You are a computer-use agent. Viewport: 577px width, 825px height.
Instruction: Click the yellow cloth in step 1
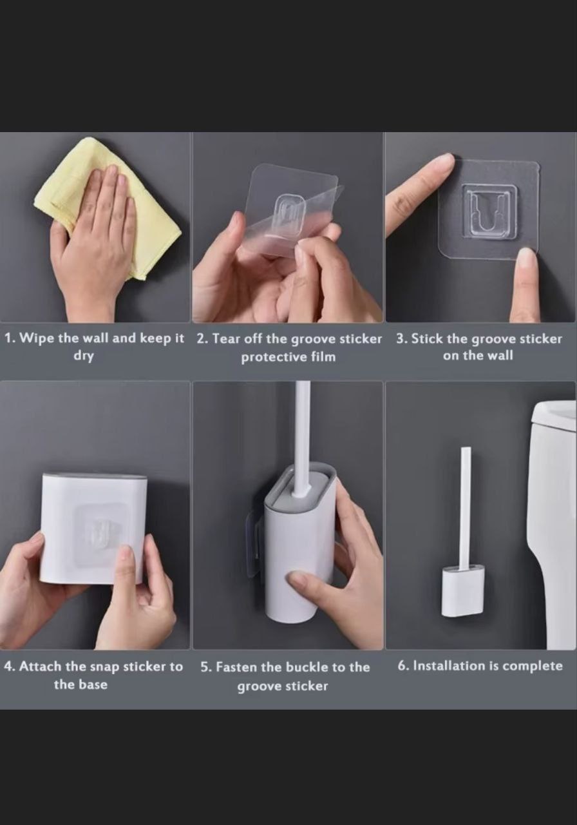tap(155, 228)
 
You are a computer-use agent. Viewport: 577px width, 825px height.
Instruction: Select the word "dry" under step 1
tap(84, 356)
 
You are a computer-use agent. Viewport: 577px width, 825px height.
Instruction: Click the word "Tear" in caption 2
tap(227, 338)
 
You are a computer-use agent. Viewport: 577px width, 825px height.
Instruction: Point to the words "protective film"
tap(288, 357)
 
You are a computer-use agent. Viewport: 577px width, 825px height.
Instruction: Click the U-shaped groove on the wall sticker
tap(488, 210)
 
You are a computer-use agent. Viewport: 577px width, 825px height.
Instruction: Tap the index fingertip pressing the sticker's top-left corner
tap(446, 161)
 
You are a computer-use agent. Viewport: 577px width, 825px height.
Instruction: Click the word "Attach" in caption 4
tap(41, 666)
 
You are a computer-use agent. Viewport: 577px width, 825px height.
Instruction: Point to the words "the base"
tap(80, 684)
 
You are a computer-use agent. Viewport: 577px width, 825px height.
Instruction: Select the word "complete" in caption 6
tap(533, 666)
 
